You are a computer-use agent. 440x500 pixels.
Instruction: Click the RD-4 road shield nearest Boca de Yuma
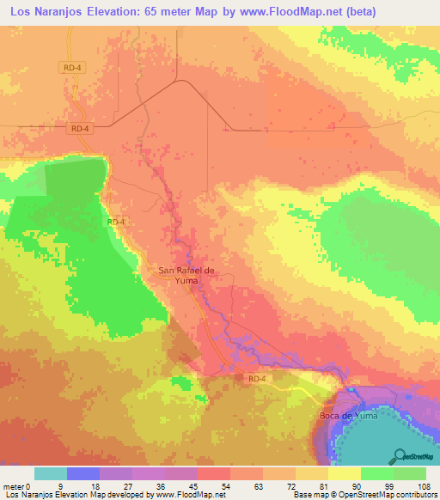click(x=257, y=378)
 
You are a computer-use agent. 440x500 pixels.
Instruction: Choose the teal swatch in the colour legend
click(x=51, y=473)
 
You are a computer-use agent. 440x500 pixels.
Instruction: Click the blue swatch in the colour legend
click(x=83, y=473)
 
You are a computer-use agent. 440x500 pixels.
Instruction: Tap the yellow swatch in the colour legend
click(x=344, y=473)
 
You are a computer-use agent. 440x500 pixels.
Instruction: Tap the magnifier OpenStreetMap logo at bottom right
click(x=400, y=455)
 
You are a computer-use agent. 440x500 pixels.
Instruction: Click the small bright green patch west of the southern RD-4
click(x=181, y=381)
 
